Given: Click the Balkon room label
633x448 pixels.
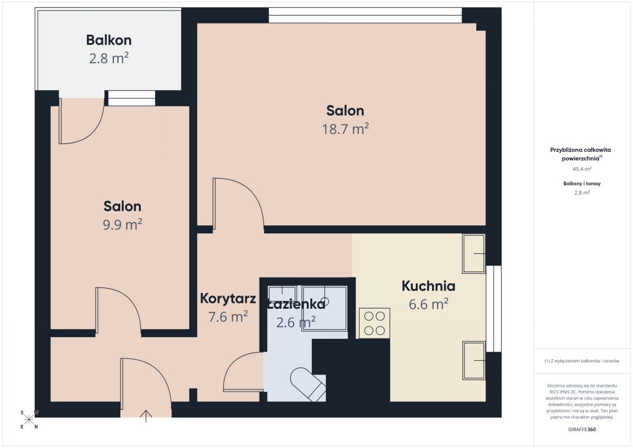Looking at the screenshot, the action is click(x=109, y=40).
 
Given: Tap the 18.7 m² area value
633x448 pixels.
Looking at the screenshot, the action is click(x=346, y=129).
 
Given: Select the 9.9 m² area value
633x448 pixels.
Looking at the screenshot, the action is click(x=122, y=225).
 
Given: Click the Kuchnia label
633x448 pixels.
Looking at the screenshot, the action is click(x=428, y=286).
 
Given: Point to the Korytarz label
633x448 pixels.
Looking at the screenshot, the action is click(x=228, y=299).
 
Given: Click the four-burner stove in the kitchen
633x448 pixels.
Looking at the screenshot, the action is click(x=375, y=323).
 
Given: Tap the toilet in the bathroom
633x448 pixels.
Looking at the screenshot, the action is click(x=308, y=384).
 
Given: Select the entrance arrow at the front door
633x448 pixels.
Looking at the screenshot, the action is click(x=146, y=416).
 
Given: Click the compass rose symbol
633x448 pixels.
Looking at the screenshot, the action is click(x=29, y=420).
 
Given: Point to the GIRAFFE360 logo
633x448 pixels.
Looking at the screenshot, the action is click(x=582, y=430).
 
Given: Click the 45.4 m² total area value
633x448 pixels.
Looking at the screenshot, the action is click(x=582, y=169).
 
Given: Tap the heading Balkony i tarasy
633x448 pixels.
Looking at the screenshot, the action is click(x=582, y=184).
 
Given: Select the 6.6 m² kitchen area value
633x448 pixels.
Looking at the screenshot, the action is click(x=428, y=304).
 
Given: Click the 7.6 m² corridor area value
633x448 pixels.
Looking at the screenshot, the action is click(x=228, y=317).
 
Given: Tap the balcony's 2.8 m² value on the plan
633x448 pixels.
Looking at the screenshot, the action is click(x=109, y=58).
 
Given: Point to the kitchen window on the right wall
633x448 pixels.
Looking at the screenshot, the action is click(x=494, y=309).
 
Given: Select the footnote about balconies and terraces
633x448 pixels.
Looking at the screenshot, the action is click(x=582, y=361).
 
